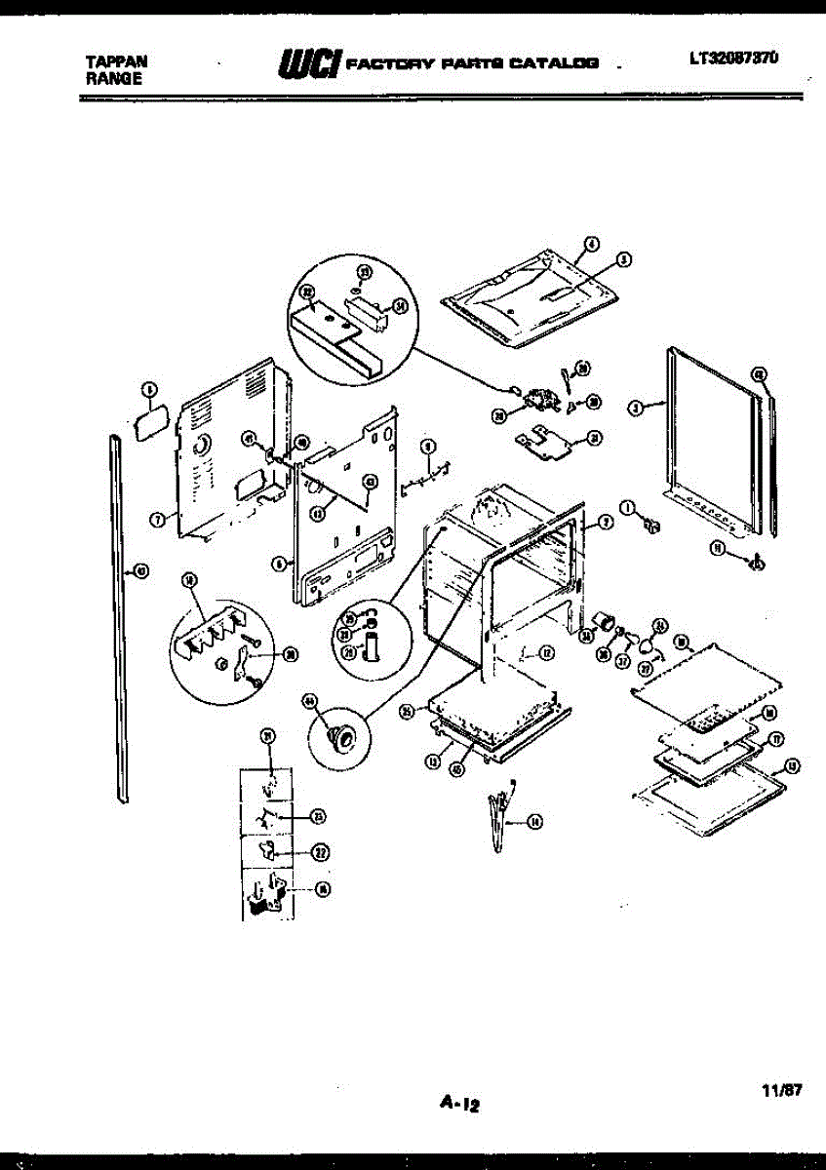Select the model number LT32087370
[733, 58]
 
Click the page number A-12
[460, 1104]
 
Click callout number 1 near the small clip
[628, 506]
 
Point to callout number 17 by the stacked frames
[776, 737]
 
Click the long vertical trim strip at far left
[120, 624]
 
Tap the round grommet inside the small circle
[342, 737]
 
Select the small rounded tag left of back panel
[149, 424]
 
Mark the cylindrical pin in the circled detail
[371, 646]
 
